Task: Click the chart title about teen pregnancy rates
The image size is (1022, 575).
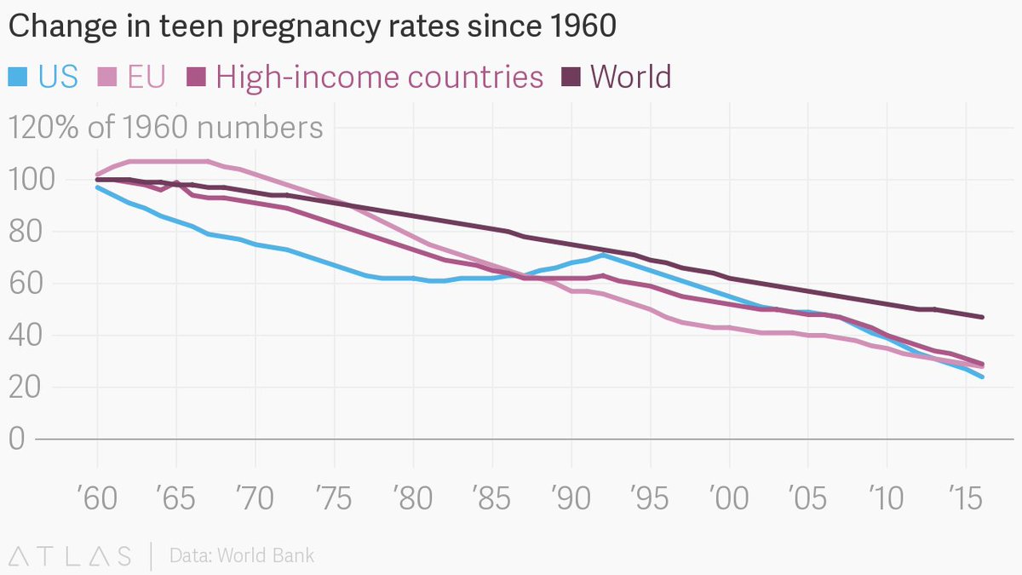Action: [312, 27]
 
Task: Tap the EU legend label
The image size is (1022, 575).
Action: [146, 77]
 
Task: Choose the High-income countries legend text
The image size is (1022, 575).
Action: [380, 77]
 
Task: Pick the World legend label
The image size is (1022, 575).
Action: [630, 77]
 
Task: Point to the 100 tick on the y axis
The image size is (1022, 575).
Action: [32, 180]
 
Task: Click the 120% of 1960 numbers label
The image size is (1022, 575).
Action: [166, 128]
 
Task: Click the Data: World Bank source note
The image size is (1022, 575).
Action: [242, 556]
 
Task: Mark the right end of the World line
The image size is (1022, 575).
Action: [982, 317]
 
